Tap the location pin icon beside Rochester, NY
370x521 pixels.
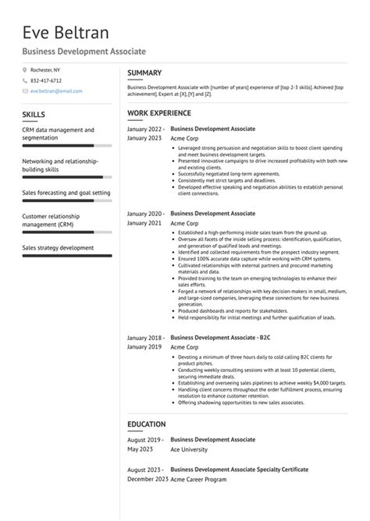coord(24,70)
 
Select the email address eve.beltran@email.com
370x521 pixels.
coord(56,90)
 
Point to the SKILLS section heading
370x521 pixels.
coord(34,115)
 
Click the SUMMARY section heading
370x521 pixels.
coord(144,73)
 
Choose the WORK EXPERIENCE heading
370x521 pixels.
coord(159,113)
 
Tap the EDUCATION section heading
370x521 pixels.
coord(146,425)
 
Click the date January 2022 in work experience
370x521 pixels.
coord(146,128)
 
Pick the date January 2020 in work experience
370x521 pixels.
coord(146,213)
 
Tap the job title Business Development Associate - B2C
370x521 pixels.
coord(219,337)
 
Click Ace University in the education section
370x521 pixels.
coord(188,449)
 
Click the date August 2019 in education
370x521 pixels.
coord(145,440)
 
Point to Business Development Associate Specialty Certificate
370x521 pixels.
coord(239,470)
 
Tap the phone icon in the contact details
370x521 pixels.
coord(24,80)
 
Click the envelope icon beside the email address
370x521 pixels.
coord(24,90)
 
